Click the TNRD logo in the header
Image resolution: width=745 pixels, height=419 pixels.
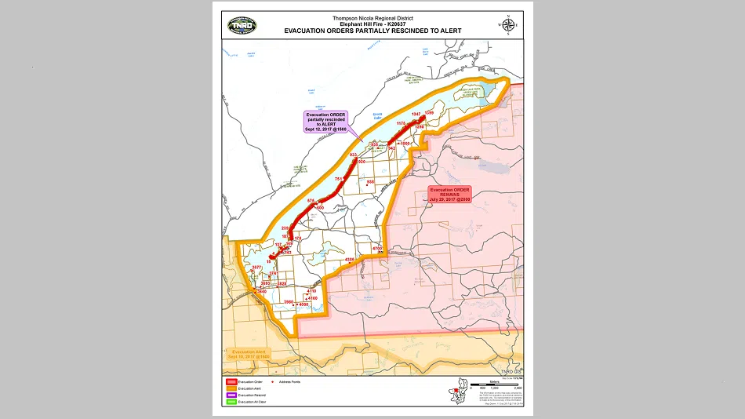pos(242,25)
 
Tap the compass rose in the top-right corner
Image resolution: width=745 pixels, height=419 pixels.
pos(507,24)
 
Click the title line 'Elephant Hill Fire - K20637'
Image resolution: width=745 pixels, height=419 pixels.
pos(372,24)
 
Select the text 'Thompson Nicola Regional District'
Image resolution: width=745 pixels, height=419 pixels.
pos(372,18)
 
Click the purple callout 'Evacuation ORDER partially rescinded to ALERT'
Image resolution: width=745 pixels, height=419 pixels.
pos(326,122)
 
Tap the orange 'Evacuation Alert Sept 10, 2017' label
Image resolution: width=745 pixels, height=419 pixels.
pos(249,354)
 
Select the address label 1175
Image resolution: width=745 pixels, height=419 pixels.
pos(401,123)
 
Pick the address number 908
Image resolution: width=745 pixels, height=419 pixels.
pos(370,181)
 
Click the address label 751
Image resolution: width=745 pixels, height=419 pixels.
pos(339,180)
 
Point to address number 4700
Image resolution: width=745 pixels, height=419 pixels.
pos(376,248)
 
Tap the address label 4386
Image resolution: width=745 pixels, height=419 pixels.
pos(350,258)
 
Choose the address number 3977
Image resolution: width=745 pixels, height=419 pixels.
pos(256,268)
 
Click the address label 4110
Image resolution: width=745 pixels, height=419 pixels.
pos(311,291)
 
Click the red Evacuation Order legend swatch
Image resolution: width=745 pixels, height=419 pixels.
pos(230,381)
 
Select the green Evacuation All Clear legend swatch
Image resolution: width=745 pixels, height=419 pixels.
pos(230,401)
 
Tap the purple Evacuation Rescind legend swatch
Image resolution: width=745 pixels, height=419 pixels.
pos(230,394)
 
